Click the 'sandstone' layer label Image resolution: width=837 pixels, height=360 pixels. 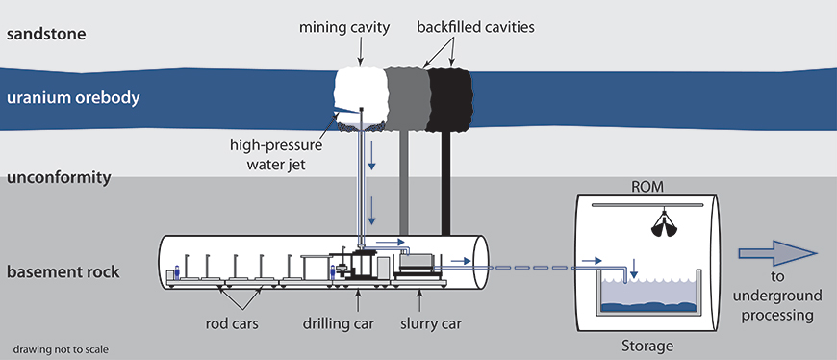45,35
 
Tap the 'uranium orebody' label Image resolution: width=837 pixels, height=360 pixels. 73,99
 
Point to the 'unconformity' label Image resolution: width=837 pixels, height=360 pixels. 59,178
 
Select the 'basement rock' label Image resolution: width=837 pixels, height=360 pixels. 63,272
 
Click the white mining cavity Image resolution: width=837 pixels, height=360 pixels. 361,93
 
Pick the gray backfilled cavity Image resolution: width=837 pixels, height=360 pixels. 408,99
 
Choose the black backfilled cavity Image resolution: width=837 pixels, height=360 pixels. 449,99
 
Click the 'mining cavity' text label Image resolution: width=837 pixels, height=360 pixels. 344,28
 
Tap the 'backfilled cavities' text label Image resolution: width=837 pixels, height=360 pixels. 475,27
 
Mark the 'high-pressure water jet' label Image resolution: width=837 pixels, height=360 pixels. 276,154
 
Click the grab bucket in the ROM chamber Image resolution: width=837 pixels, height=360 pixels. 665,223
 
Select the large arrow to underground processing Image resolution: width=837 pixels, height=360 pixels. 777,252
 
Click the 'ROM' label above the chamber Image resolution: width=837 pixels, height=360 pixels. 648,187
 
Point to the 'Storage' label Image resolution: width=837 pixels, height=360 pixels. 647,346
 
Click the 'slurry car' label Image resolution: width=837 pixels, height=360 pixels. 431,323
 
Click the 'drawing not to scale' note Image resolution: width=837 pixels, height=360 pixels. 62,349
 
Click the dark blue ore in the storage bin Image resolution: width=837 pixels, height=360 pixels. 649,307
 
